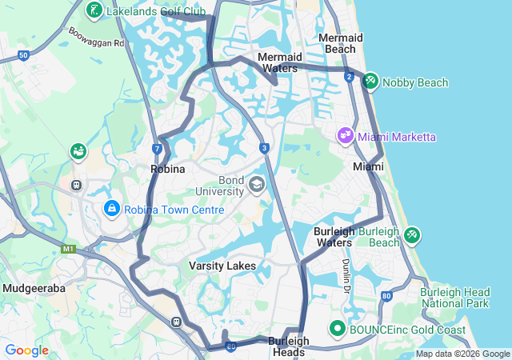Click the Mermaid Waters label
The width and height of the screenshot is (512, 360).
[x=280, y=62]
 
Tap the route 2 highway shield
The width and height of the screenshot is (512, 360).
[x=350, y=76]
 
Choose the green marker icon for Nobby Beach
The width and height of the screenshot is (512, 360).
[x=371, y=82]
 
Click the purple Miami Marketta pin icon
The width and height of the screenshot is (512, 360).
[x=346, y=136]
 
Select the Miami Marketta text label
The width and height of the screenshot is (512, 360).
[x=397, y=137]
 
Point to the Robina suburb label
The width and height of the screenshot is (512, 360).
[x=168, y=170]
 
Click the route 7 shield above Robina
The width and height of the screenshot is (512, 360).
[x=158, y=149]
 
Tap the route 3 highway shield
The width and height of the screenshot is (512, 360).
[x=264, y=148]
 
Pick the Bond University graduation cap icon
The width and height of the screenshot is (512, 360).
[x=256, y=186]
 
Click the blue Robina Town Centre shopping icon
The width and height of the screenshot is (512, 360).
[x=111, y=209]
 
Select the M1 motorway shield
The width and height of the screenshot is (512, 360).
[x=68, y=249]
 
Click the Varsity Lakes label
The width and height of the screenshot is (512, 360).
[x=222, y=265]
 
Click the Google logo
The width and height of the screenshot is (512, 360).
[x=26, y=350]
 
